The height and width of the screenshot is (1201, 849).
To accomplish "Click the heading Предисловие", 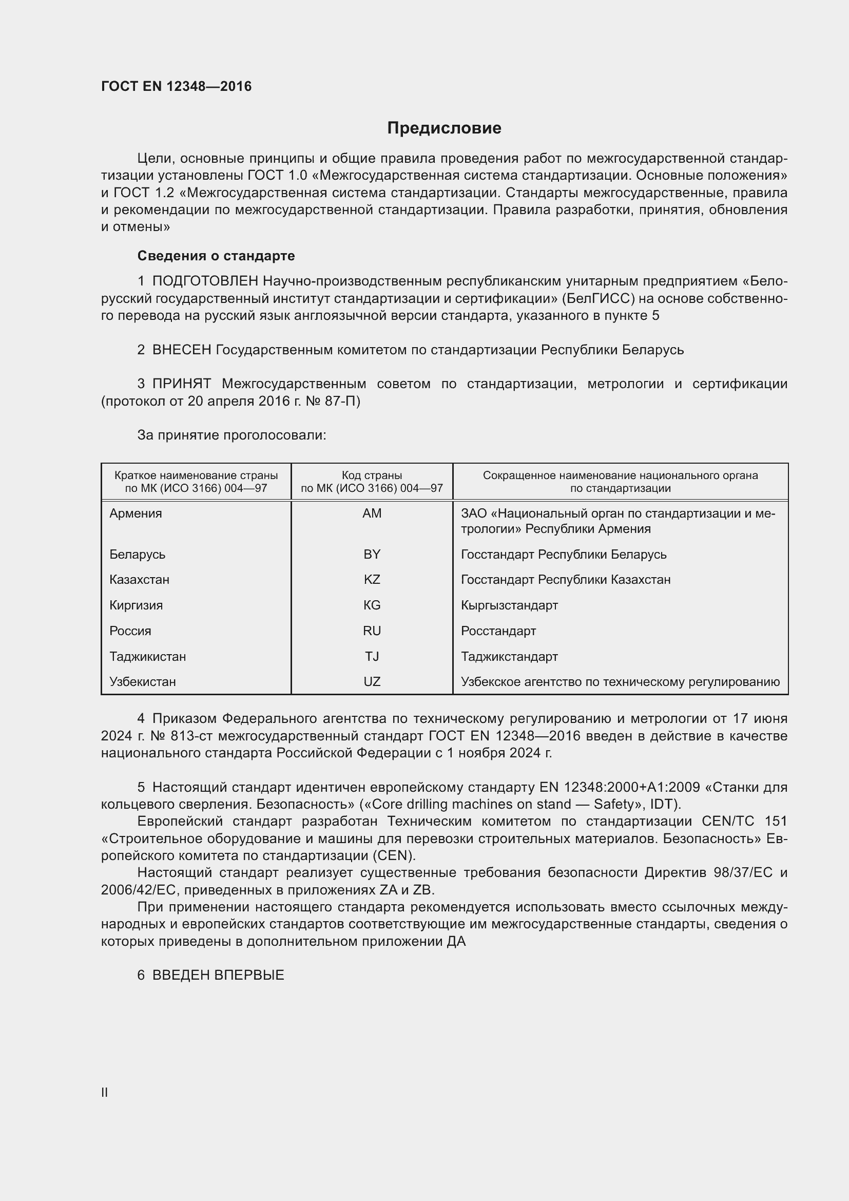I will tap(444, 128).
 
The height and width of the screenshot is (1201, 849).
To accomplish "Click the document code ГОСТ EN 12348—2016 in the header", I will tap(176, 86).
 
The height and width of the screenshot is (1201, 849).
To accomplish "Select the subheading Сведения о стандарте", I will tap(216, 256).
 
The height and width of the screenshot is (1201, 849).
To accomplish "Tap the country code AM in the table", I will tap(372, 513).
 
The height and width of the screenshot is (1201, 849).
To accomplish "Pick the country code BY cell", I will tap(372, 554).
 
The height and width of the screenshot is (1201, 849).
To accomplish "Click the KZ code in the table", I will tap(372, 580).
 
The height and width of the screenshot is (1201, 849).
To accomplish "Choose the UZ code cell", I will tap(372, 681).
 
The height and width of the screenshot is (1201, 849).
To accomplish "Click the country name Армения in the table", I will tap(136, 513).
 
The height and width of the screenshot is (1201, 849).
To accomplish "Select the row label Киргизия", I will tap(136, 605).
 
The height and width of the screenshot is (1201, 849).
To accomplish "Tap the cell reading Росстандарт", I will tap(498, 631).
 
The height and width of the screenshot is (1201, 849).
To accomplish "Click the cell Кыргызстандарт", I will tap(509, 605).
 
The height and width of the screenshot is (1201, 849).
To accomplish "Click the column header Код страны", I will tap(372, 475).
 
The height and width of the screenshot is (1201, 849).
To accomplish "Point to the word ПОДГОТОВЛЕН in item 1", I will tap(205, 281).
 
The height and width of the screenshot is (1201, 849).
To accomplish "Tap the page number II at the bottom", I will tap(105, 1092).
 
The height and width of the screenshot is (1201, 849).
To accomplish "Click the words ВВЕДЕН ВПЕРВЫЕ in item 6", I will tap(218, 975).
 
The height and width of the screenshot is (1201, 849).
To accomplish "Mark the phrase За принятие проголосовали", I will tap(231, 435).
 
